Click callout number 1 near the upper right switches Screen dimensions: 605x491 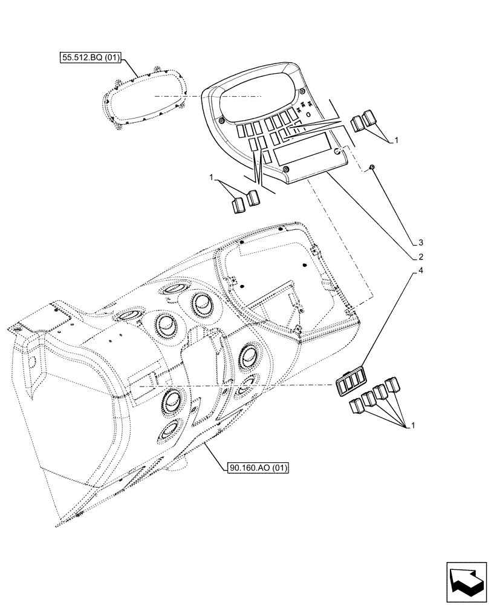(396, 140)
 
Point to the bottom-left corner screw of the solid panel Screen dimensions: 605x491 (287, 169)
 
